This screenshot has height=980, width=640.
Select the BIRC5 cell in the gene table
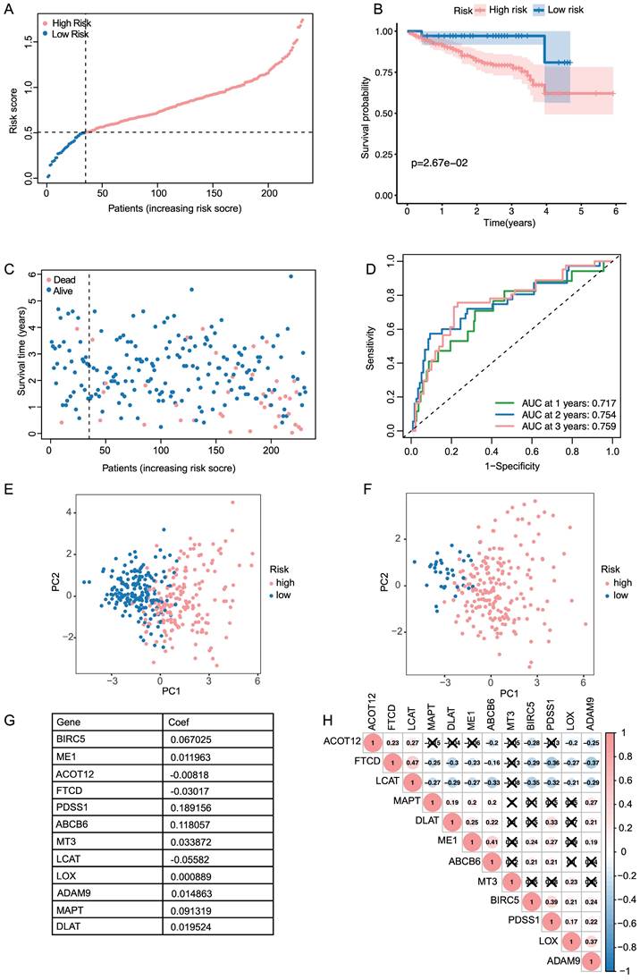71,740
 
